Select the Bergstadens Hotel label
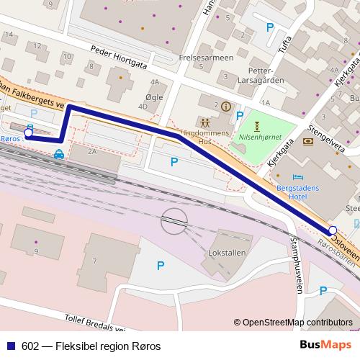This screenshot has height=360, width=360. (297, 191)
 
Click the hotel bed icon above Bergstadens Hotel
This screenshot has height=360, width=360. (298, 176)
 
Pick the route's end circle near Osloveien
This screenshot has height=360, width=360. (333, 230)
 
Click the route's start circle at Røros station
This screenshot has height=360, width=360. (28, 132)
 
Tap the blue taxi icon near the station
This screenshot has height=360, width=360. (58, 153)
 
